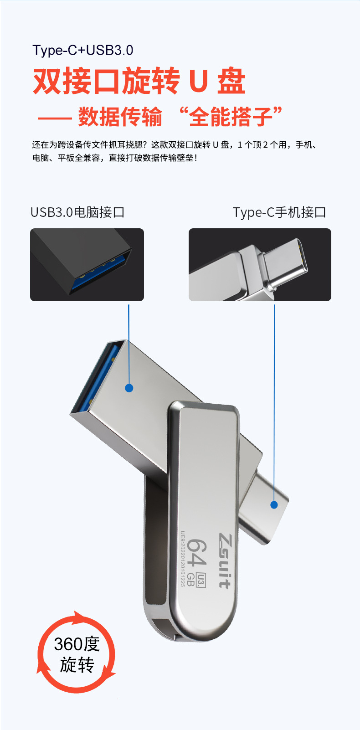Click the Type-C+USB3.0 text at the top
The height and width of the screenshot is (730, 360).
83,50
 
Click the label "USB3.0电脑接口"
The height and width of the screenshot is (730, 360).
77,212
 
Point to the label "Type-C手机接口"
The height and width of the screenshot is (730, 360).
279,212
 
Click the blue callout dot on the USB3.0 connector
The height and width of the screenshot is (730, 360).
129,388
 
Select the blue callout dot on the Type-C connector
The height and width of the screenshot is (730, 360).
274,504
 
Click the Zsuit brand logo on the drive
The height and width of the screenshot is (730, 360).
225,560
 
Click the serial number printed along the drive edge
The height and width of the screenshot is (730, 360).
183,559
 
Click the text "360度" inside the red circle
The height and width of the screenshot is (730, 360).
77,644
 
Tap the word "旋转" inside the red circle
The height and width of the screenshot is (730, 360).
77,665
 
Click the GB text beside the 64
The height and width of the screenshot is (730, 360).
191,580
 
